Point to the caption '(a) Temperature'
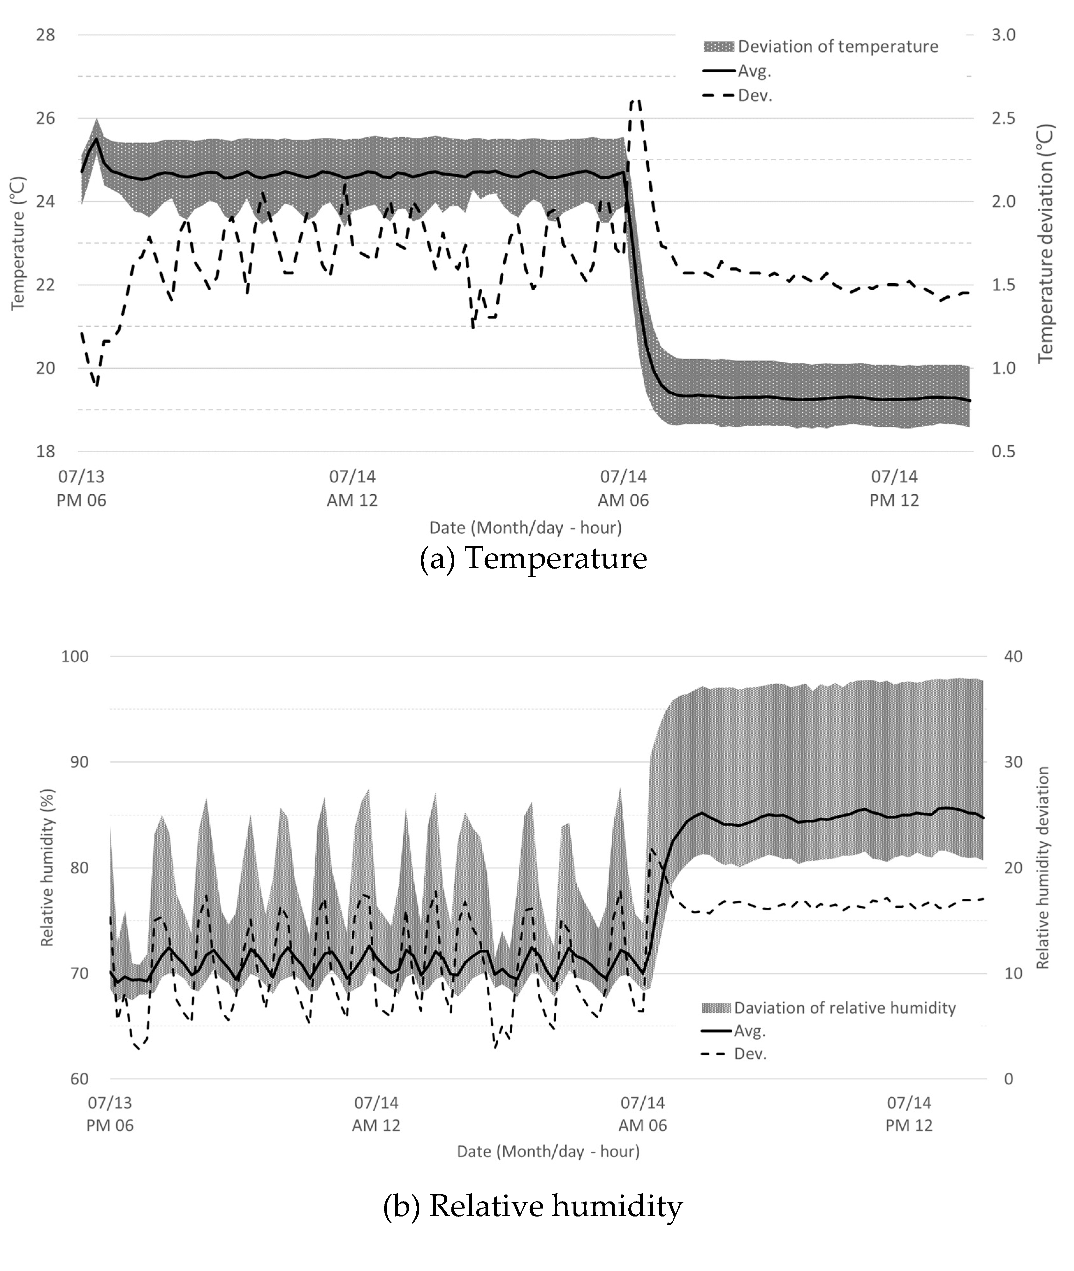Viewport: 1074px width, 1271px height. point(533,558)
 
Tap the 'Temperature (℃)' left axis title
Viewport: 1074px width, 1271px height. point(18,243)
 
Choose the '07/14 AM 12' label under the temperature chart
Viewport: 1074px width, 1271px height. point(353,488)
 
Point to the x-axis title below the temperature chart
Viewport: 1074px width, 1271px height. point(525,528)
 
